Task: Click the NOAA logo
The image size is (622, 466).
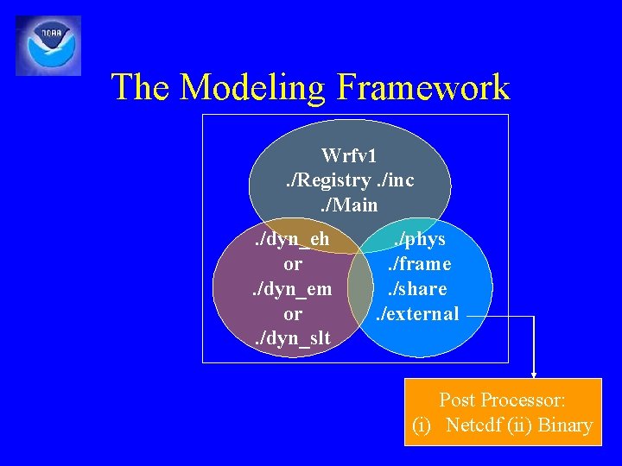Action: [x=48, y=45]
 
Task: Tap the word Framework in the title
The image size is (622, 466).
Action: [x=423, y=87]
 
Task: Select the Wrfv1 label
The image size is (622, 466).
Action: [x=349, y=155]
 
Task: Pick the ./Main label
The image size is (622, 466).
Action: [x=349, y=205]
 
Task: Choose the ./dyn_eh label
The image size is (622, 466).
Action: [x=292, y=239]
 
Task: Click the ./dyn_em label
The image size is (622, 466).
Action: [x=292, y=289]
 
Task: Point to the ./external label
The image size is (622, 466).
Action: [x=417, y=314]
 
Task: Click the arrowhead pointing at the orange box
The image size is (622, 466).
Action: [x=534, y=375]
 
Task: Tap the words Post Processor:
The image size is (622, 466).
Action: [x=502, y=400]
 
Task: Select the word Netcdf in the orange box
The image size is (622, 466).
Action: [x=479, y=425]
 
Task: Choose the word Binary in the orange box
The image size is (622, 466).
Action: [x=565, y=425]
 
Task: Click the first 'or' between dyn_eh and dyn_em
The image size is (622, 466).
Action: [x=292, y=264]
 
